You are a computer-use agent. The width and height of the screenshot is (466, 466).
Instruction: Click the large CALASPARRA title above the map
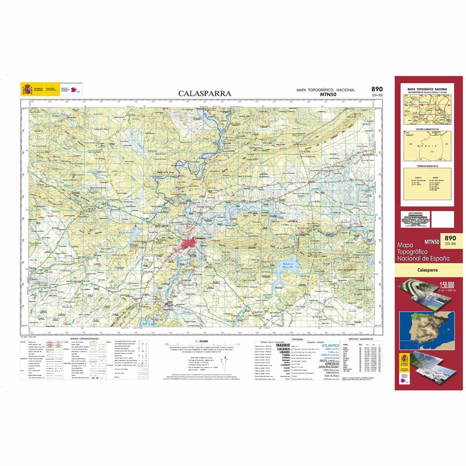point(205,93)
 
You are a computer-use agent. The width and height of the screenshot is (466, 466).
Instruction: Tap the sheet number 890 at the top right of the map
point(377,89)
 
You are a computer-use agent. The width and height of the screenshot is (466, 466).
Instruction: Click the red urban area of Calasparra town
point(191,245)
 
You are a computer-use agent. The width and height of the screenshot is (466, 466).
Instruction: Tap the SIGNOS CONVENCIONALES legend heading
point(85,339)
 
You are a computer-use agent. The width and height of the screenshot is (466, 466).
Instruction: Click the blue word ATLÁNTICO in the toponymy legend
point(330,345)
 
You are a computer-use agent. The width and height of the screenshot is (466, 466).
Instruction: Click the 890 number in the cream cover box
point(450,238)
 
